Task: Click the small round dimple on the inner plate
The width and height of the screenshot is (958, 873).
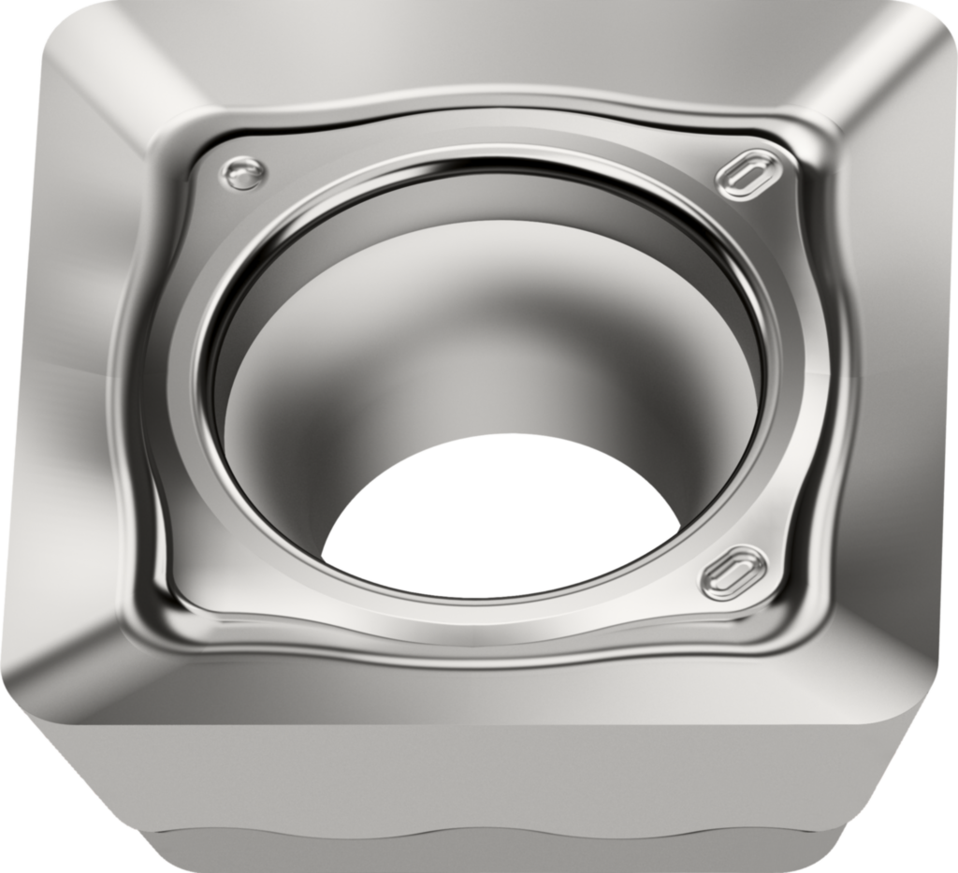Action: pyautogui.click(x=243, y=173)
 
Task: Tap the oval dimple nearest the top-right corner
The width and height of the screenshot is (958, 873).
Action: pyautogui.click(x=748, y=174)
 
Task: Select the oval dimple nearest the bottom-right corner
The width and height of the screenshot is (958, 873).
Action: pyautogui.click(x=734, y=572)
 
